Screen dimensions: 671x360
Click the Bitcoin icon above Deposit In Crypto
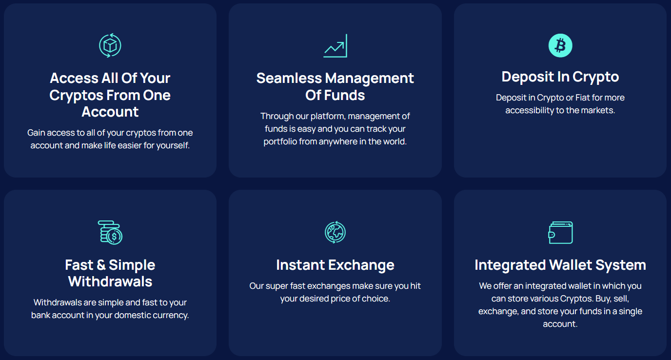[x=560, y=45]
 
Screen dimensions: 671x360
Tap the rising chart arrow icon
[x=335, y=46]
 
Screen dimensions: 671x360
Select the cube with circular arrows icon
[x=110, y=45]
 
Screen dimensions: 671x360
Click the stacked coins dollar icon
[x=110, y=233]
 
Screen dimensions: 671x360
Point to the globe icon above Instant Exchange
[x=335, y=232]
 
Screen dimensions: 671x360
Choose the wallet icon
[x=560, y=233]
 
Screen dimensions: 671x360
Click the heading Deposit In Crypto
[x=560, y=77]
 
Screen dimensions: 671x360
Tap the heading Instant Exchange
[x=335, y=265]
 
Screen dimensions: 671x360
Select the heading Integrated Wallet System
[x=560, y=265]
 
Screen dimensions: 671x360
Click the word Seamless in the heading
[x=289, y=78]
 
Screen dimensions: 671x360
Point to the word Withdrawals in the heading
[x=110, y=282]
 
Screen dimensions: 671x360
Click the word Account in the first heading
[x=110, y=112]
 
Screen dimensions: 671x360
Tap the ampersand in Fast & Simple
[x=101, y=265]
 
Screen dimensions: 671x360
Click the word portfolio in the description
[x=280, y=142]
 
